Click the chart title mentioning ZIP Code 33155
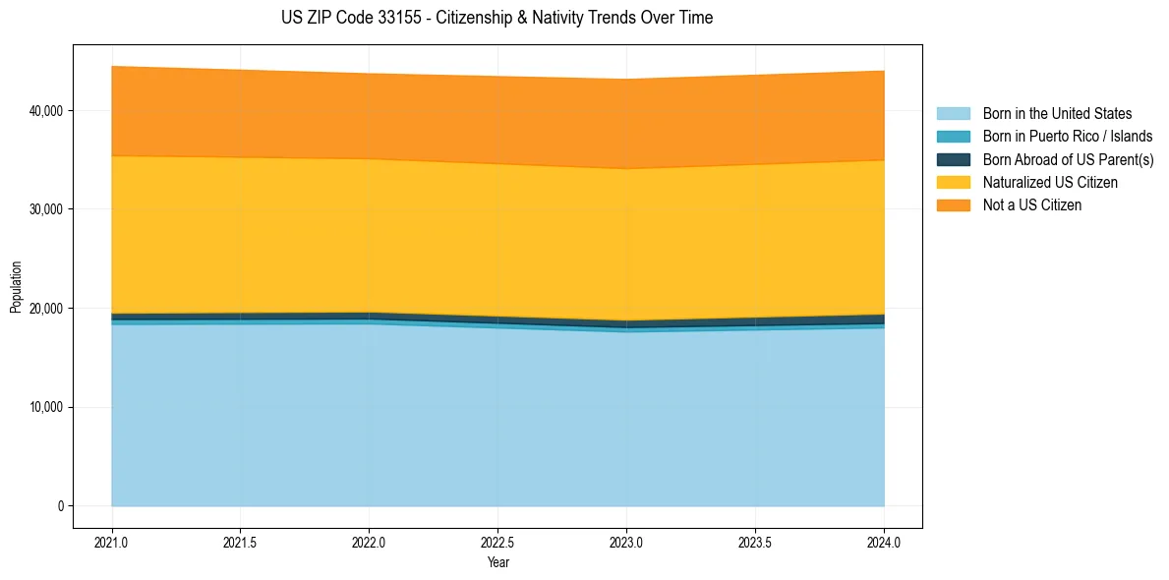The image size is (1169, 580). pyautogui.click(x=497, y=18)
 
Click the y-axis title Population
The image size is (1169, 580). pyautogui.click(x=16, y=287)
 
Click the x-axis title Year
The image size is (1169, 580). pyautogui.click(x=497, y=562)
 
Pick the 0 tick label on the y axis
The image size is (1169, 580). pyautogui.click(x=59, y=506)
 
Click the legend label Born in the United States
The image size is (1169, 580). pyautogui.click(x=1057, y=114)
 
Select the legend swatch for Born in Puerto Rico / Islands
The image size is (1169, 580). pyautogui.click(x=953, y=137)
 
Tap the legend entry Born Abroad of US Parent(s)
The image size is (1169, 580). pyautogui.click(x=1068, y=159)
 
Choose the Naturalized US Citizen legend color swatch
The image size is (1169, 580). pyautogui.click(x=953, y=183)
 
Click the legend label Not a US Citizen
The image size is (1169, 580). pyautogui.click(x=1031, y=205)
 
